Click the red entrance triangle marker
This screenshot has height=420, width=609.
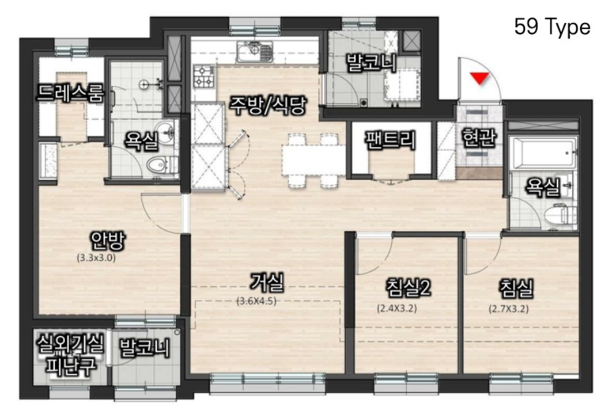point(480,77)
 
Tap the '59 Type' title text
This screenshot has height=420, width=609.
point(552,27)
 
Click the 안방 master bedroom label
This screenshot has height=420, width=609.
point(108,241)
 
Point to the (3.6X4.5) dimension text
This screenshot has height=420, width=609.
point(256,301)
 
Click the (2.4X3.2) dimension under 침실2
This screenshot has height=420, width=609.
point(397,308)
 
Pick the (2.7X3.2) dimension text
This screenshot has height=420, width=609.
point(508,309)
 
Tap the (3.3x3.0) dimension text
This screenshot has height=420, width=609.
point(96,257)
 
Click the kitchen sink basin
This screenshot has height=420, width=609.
point(255,52)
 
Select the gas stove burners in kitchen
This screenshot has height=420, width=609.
point(204,77)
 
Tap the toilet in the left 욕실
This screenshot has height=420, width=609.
point(160,165)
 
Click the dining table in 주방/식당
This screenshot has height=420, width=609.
point(314,159)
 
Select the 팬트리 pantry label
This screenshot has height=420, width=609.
point(390,140)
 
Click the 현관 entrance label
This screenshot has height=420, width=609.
point(478,137)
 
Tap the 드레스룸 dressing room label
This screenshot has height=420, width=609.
point(70,93)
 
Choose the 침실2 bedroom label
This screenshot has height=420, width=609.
point(408,287)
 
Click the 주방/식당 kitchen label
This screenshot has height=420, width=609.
point(268,106)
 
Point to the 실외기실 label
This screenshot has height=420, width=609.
point(70,343)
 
